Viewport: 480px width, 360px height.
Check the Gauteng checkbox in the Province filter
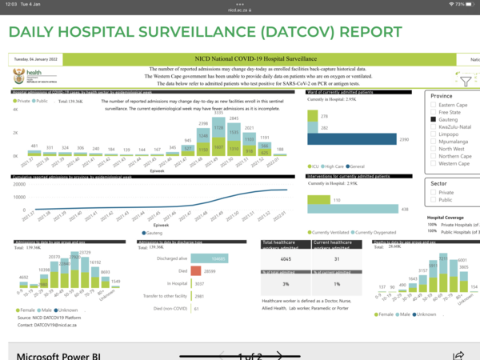(x=433, y=120)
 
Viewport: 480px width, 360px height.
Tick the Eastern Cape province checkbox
(x=433, y=106)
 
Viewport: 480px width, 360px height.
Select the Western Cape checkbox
(x=433, y=163)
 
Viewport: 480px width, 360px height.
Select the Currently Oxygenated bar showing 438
(x=353, y=209)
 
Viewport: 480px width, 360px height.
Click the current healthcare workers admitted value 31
(x=338, y=258)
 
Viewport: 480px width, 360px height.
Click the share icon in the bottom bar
(x=458, y=354)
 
